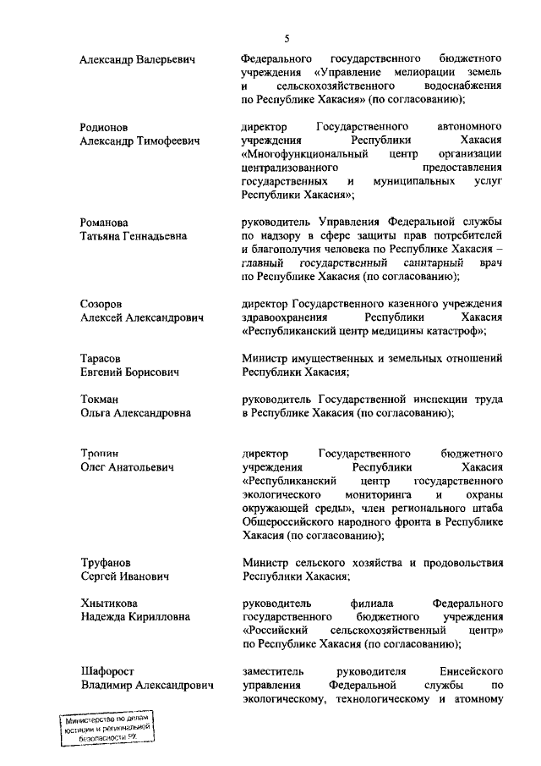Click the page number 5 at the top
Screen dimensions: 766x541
pos(287,39)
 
